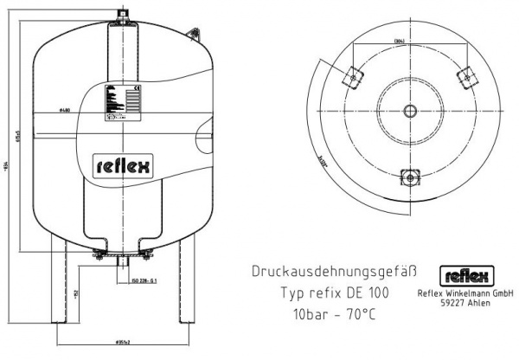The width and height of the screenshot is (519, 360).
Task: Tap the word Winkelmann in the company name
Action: pyautogui.click(x=468, y=293)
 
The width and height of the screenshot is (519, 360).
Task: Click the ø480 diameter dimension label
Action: pyautogui.click(x=67, y=112)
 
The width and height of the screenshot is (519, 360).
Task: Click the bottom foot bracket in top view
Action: pyautogui.click(x=408, y=176)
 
